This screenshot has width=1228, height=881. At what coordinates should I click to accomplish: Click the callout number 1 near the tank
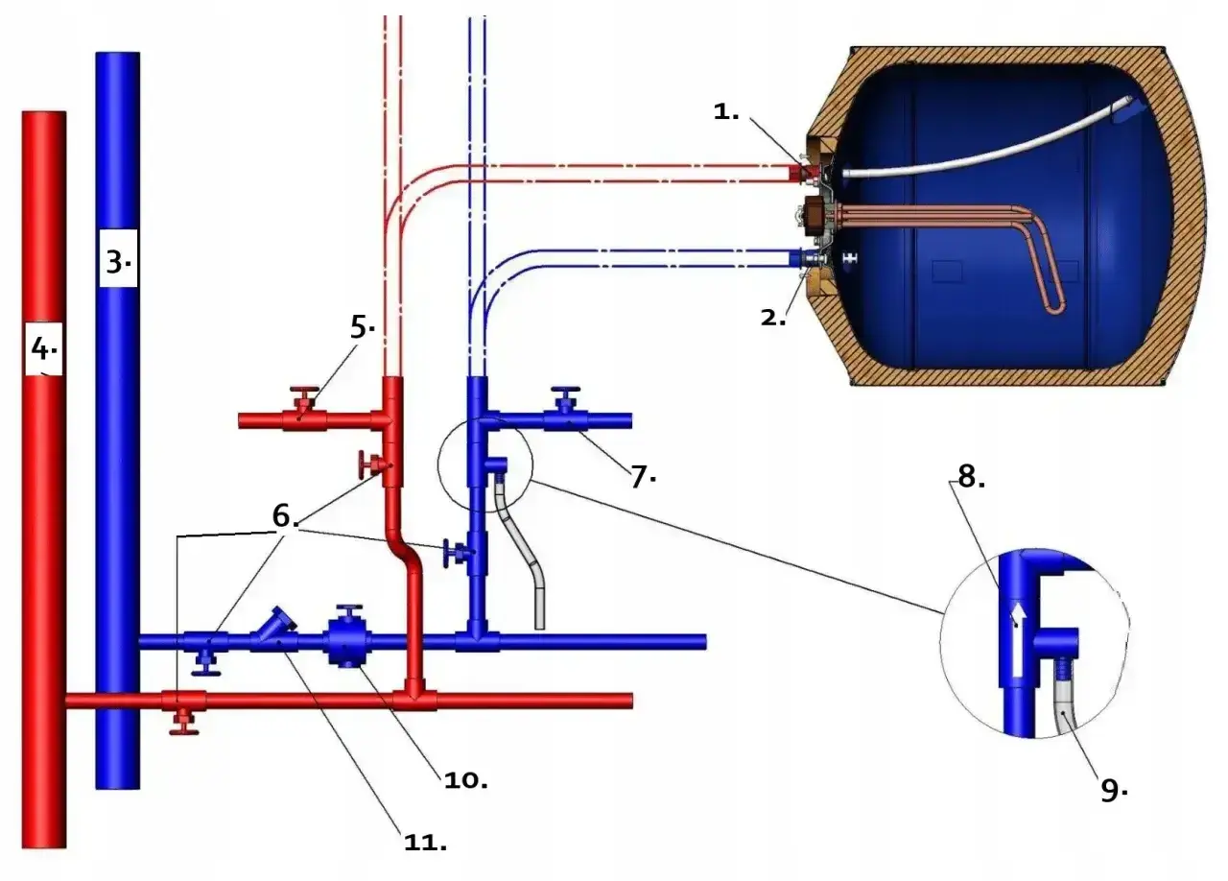click(725, 112)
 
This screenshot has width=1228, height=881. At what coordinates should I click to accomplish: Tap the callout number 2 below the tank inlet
click(772, 318)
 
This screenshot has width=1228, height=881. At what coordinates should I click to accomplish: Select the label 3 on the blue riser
click(117, 262)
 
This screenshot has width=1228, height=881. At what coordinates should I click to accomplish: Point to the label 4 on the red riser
click(43, 347)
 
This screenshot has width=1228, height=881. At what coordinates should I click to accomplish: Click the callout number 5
click(362, 327)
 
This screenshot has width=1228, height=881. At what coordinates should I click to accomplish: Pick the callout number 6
click(285, 515)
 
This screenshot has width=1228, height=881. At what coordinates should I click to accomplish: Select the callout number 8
click(971, 475)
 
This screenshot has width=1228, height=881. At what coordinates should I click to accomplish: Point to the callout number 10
click(465, 780)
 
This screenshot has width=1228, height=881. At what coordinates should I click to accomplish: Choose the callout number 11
click(425, 842)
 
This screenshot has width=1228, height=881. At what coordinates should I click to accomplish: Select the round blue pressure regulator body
click(347, 641)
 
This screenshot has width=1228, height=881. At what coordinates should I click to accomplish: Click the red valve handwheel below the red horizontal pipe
click(184, 723)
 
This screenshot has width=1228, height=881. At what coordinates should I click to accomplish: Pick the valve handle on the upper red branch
click(304, 395)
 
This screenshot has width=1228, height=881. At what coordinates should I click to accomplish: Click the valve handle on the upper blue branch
click(566, 396)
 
